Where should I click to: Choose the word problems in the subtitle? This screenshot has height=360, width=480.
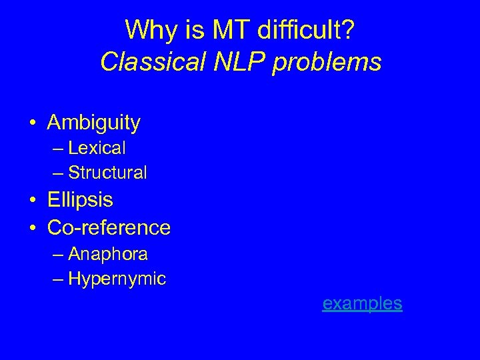tap(327, 62)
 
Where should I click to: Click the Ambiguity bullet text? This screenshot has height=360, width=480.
tap(94, 123)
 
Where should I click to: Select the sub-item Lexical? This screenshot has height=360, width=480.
tap(97, 147)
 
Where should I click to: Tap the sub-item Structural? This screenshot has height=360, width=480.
tap(107, 173)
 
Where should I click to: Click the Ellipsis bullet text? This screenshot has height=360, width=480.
tap(80, 199)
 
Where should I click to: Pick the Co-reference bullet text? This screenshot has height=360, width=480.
tap(109, 227)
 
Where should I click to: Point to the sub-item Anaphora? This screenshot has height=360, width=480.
tap(108, 254)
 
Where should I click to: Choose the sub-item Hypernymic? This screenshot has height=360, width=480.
tap(117, 279)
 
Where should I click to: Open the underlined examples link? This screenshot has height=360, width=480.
tap(362, 303)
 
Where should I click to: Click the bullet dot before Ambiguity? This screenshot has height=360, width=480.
tap(31, 123)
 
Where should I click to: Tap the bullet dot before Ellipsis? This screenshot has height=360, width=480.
tap(31, 200)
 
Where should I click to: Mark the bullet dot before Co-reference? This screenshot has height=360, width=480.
tap(31, 228)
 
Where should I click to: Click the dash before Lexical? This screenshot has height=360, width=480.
tap(58, 147)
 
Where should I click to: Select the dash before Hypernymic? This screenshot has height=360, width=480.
tap(58, 279)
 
